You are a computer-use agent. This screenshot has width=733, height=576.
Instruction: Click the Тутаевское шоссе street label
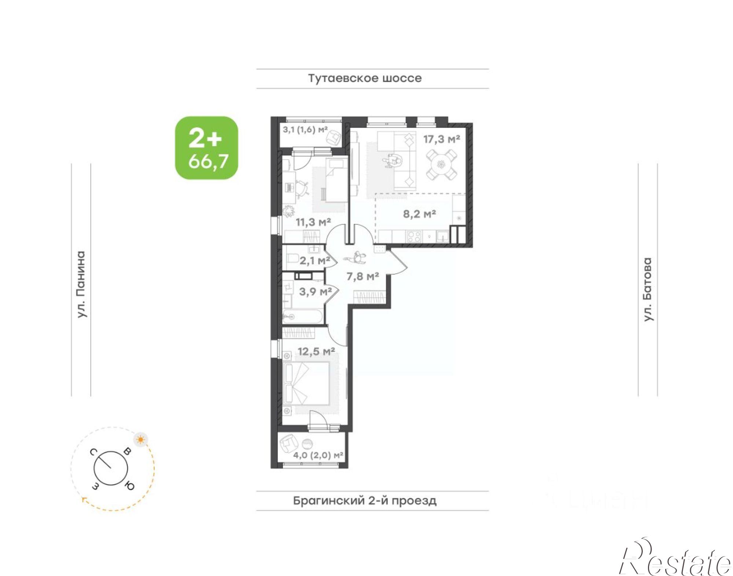365,79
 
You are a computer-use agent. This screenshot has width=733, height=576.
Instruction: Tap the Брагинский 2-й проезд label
365,501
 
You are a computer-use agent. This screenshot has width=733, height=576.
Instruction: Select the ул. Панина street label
81,284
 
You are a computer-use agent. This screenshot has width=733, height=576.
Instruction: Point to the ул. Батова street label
648,289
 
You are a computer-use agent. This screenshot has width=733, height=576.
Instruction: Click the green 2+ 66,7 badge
206,148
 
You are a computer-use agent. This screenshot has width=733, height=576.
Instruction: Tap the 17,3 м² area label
442,139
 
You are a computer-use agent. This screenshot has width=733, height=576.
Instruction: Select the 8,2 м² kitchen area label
419,214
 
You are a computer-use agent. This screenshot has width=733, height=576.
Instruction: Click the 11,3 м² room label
313,222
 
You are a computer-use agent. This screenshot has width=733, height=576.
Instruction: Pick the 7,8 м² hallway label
362,276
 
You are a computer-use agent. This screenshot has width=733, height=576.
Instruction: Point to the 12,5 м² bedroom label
316,351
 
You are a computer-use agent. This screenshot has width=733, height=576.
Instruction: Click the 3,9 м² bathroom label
316,292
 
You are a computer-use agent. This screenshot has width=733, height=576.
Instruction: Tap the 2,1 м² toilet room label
315,261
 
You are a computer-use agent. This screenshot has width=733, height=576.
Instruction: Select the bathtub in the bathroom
303,316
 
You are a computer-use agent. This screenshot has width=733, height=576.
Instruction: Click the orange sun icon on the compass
141,439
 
